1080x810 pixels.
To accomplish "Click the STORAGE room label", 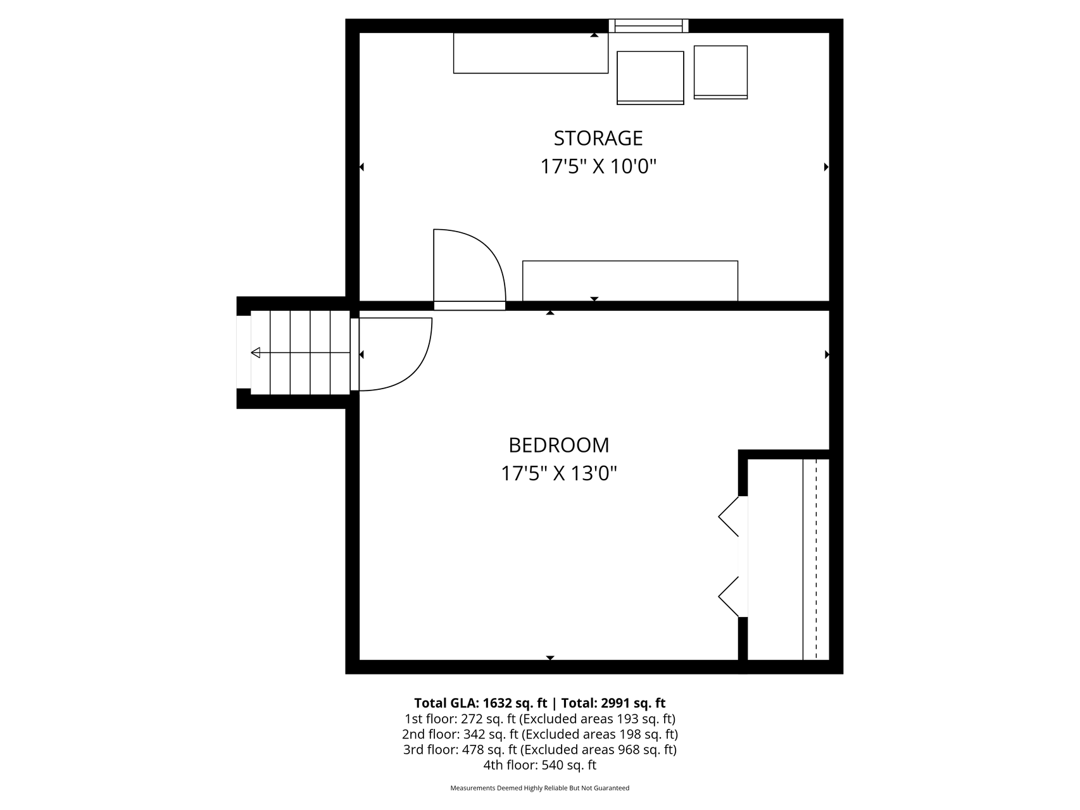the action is tap(598, 138).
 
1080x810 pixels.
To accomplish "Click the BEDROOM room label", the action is tap(559, 445).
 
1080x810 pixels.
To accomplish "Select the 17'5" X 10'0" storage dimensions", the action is tap(598, 166).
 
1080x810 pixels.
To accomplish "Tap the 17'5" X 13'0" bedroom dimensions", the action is tap(559, 473).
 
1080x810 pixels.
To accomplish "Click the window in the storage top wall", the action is tap(649, 25).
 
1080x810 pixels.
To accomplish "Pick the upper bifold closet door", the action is tap(729, 516).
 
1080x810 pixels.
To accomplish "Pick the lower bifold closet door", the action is tap(729, 596).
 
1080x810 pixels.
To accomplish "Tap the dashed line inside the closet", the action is tap(816, 559).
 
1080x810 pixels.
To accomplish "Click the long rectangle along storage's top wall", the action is tap(531, 53).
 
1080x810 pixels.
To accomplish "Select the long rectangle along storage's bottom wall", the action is tap(630, 281).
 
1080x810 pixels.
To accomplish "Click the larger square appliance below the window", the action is tap(650, 77).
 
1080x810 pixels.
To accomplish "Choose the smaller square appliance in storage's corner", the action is tap(720, 72).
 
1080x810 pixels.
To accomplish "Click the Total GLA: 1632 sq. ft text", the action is tap(480, 703).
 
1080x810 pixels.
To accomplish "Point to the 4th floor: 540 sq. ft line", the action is tap(539, 765).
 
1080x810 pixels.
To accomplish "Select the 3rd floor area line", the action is tap(539, 750).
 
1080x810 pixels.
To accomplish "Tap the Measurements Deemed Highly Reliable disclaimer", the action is tap(539, 788).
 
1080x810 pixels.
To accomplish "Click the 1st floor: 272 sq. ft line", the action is tap(539, 719).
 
